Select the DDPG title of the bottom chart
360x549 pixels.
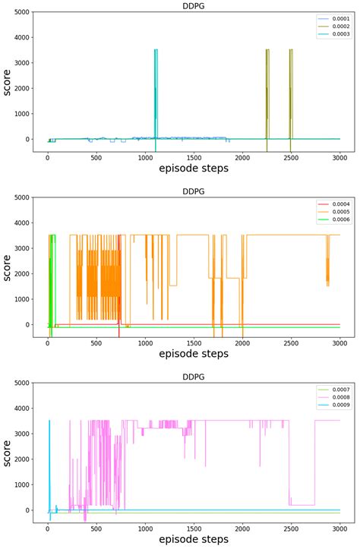[x=192, y=377]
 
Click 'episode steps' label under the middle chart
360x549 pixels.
[x=193, y=354]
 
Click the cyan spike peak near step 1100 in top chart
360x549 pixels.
[x=156, y=50]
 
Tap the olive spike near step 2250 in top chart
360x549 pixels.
[x=267, y=50]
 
